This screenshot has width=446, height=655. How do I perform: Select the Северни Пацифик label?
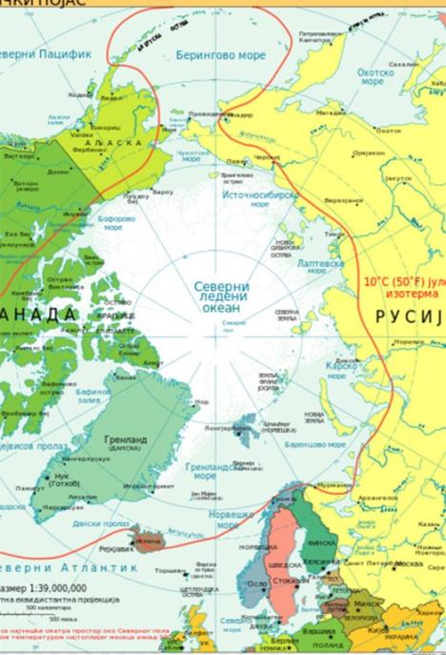coord(48,54)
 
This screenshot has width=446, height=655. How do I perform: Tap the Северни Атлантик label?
coord(58,567)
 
